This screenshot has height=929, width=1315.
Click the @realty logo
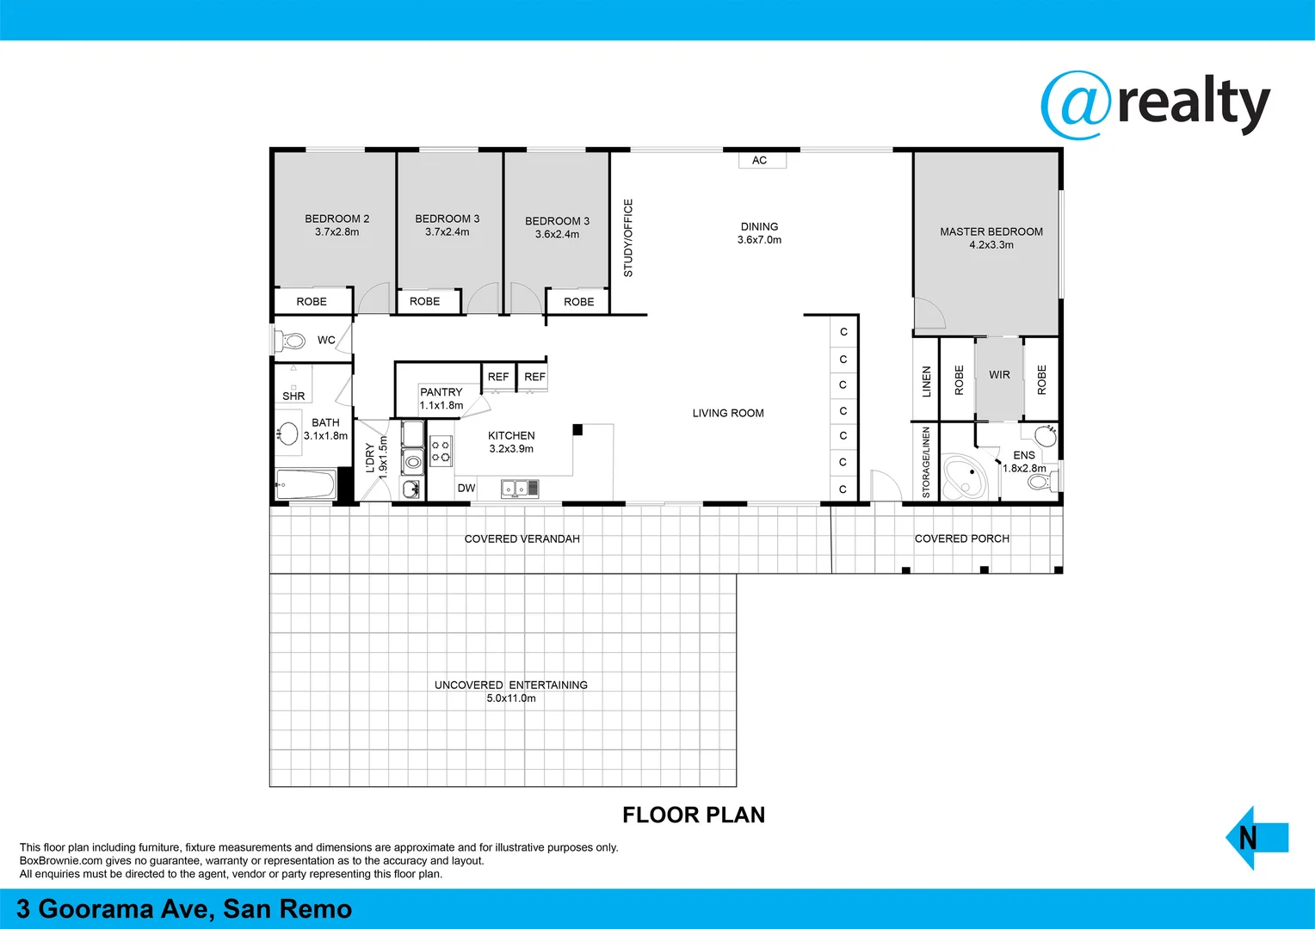point(1155,105)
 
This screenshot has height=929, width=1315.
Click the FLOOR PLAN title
point(693,815)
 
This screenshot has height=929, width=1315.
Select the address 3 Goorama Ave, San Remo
point(184,909)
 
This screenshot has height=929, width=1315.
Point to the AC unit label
point(760,160)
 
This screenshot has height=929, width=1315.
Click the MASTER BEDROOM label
point(991,231)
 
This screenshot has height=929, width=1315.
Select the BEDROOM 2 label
point(336,218)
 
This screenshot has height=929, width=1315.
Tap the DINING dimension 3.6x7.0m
point(759,240)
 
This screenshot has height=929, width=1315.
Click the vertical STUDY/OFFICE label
point(628,238)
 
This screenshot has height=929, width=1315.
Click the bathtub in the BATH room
point(306,484)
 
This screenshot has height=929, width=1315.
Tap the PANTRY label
point(441,392)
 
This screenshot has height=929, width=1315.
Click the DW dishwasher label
point(466,488)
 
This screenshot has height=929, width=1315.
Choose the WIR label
point(999,375)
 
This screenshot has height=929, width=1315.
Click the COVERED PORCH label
point(961,538)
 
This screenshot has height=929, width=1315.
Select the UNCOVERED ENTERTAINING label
point(510,685)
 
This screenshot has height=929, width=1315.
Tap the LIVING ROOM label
point(728,413)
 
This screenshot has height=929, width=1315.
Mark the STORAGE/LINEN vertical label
point(926,462)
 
